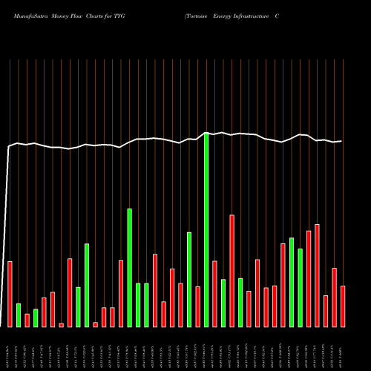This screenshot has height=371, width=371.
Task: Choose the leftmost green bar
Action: pos(19,315)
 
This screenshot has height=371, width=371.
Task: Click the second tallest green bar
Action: pos(130,268)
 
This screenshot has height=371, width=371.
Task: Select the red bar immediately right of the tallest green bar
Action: pos(215,294)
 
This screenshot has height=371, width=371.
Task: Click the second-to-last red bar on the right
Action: pos(335,298)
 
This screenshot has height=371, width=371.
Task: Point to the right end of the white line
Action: pos(341,141)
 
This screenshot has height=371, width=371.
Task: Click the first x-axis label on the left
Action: pos(7,349)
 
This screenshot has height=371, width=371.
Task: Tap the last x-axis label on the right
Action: pos(343,349)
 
